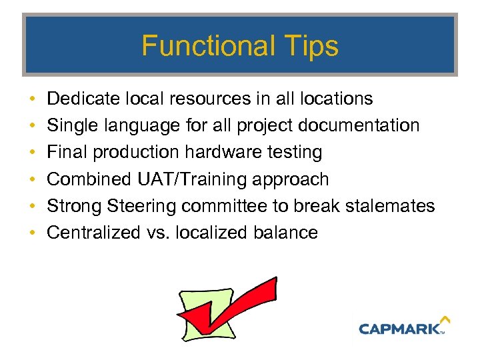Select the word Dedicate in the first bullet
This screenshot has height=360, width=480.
[x=84, y=99]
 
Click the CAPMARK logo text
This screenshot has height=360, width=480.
[x=400, y=329]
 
